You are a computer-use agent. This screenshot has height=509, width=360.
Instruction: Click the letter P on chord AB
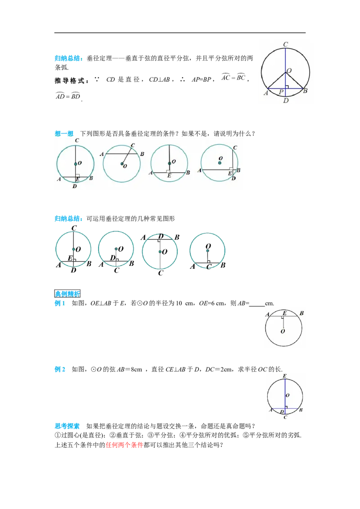tap(281, 92)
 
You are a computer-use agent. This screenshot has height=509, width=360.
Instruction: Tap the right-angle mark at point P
tap(287, 86)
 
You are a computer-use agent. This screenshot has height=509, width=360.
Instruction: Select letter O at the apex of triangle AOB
tap(289, 71)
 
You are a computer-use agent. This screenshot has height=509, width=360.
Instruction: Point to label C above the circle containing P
tap(286, 44)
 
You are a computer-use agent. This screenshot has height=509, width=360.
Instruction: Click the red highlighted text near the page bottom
tap(124, 446)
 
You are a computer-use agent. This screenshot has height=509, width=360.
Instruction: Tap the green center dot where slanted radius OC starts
tap(121, 164)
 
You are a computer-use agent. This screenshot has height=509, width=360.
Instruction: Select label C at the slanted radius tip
tap(133, 145)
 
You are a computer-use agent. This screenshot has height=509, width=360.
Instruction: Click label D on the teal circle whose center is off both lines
tap(233, 179)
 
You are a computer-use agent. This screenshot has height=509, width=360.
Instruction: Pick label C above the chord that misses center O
tap(235, 147)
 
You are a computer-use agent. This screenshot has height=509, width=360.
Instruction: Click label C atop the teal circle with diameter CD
tap(77, 141)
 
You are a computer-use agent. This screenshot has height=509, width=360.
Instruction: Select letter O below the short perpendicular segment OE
tap(283, 331)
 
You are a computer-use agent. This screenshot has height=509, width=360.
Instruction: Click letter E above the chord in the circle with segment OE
tap(284, 313)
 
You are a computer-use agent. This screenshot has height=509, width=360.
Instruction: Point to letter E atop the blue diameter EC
tap(285, 376)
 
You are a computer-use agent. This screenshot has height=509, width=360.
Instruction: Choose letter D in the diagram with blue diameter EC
tap(282, 411)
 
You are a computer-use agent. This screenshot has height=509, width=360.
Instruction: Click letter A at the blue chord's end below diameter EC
tap(271, 410)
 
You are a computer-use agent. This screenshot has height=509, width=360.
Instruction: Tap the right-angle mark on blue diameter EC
tap(287, 406)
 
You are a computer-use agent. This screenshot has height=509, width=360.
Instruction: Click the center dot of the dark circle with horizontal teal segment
tap(207, 250)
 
